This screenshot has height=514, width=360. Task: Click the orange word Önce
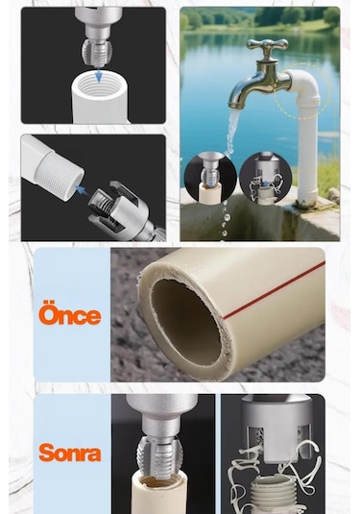click(x=70, y=314)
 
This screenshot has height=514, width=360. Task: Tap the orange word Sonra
click(x=70, y=452)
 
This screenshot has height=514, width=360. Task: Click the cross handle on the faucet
click(x=267, y=46)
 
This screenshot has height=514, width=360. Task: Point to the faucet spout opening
click(x=234, y=103)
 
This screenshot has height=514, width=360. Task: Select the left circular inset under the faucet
click(x=209, y=177)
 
